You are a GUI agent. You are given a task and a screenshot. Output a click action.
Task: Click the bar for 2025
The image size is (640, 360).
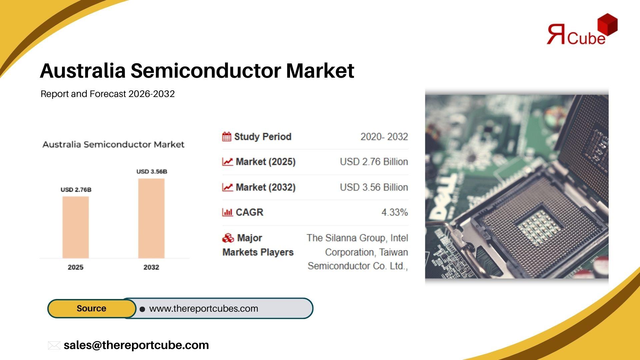(x=76, y=227)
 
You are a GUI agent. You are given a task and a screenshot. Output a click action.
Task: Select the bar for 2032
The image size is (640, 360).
(x=151, y=218)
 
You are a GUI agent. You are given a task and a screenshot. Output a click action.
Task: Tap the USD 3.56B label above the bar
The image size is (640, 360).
(x=152, y=172)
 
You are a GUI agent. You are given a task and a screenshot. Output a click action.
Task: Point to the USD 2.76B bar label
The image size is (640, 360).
(x=76, y=190)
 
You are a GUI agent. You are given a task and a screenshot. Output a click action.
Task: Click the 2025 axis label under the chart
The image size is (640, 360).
(x=76, y=267)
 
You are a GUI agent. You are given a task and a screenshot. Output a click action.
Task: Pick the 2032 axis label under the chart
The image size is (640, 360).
(x=151, y=267)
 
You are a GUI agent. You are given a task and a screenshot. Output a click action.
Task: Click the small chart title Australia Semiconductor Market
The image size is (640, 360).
(x=113, y=144)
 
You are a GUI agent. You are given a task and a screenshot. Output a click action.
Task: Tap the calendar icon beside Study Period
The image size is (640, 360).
(x=227, y=137)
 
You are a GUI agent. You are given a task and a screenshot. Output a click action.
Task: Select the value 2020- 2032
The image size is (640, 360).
(x=384, y=137)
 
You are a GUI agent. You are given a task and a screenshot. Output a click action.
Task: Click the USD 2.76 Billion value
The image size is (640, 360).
(x=374, y=162)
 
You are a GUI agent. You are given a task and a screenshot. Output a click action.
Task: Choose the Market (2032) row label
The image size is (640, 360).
(x=266, y=187)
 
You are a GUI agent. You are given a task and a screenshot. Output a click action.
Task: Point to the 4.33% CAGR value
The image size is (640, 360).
(x=395, y=212)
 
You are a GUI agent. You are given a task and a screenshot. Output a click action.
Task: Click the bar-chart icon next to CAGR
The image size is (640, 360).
(x=227, y=212)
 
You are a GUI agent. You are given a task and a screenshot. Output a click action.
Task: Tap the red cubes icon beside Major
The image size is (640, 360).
(x=228, y=238)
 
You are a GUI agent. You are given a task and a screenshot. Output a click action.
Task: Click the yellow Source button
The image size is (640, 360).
(x=92, y=308)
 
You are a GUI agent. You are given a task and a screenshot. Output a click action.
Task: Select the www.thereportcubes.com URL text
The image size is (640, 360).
(x=204, y=309)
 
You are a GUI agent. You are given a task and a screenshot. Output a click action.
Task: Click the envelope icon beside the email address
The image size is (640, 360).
(x=54, y=345)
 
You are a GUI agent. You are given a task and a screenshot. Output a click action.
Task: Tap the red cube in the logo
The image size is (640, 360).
(x=607, y=24)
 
